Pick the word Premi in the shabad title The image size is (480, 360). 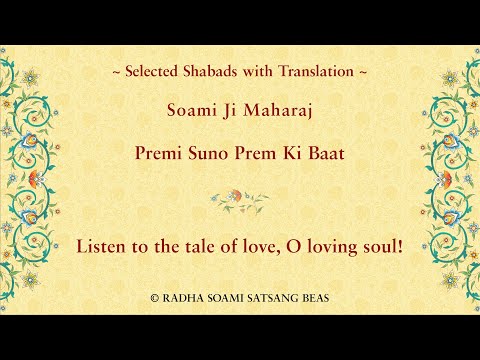pyautogui.click(x=159, y=156)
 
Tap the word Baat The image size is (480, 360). pyautogui.click(x=322, y=156)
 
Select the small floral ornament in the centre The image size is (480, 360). pyautogui.click(x=240, y=199)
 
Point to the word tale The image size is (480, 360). pyautogui.click(x=194, y=244)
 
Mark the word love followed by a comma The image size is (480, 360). pyautogui.click(x=246, y=244)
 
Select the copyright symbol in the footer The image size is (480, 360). pyautogui.click(x=154, y=299)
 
